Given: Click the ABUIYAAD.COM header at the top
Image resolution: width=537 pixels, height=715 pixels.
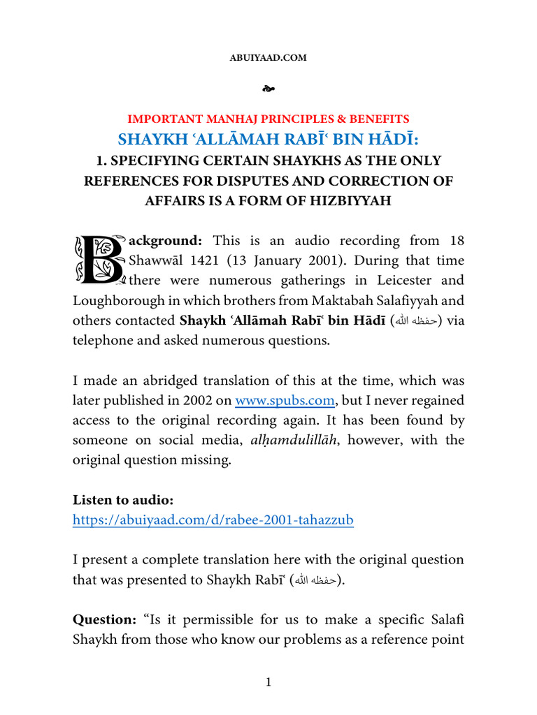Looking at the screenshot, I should pos(268,58).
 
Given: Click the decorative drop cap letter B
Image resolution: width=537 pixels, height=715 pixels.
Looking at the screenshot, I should pos(99,260).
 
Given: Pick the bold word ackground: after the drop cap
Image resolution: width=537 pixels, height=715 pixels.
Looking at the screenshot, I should pos(166,241).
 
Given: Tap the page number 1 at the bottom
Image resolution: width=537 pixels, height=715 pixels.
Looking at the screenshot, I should pos(268,682).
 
